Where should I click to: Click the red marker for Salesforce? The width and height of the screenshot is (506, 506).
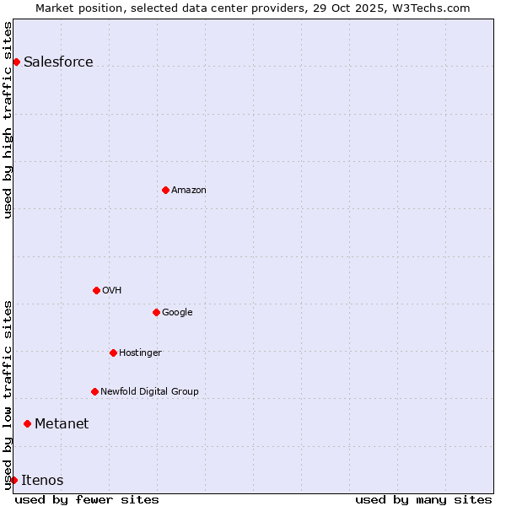tap(16, 62)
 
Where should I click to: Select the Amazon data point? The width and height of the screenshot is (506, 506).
tap(165, 190)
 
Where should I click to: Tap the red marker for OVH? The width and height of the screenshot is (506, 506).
tap(96, 290)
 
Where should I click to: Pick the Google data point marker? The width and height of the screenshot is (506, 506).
tap(156, 312)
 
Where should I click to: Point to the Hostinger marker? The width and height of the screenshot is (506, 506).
tap(113, 353)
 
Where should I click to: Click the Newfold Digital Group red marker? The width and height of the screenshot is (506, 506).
tap(94, 391)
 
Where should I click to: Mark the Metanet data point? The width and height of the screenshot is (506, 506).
tap(27, 423)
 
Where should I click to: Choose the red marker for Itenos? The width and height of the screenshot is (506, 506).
tap(13, 480)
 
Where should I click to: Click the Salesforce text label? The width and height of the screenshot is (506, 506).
tap(58, 62)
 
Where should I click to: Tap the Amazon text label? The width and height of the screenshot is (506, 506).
tap(188, 190)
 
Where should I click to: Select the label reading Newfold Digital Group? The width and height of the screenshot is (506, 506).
tap(149, 391)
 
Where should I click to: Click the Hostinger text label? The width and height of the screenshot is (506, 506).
tap(140, 353)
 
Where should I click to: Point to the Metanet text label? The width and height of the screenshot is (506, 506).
tap(62, 423)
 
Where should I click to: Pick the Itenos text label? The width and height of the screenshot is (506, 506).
tap(42, 480)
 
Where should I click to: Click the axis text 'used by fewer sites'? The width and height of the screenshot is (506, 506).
tap(87, 499)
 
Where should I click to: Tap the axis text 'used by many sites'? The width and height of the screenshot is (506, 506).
tap(423, 499)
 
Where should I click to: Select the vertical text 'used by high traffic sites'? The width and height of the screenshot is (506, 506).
tap(8, 120)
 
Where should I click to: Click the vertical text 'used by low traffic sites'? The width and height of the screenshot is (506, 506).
tap(8, 395)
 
